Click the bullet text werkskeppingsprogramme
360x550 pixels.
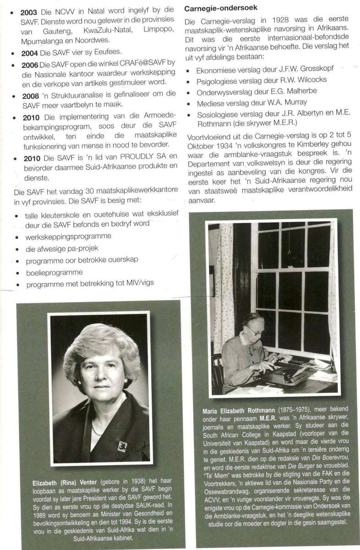[69, 237]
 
